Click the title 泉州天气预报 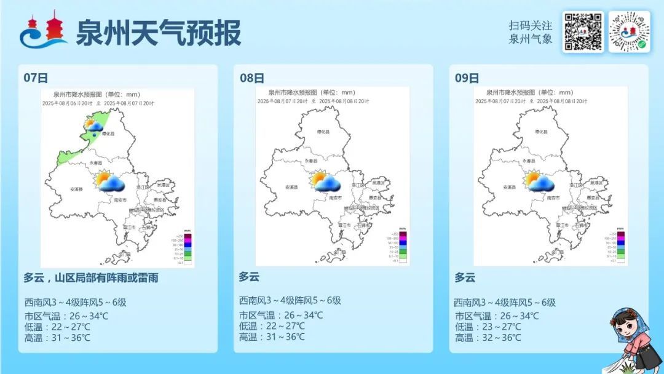click(158, 33)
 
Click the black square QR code click(582, 32)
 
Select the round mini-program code click(629, 32)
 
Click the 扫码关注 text click(531, 26)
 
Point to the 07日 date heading click(36, 78)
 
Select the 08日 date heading click(252, 78)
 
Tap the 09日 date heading click(467, 78)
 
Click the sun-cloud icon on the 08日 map click(326, 181)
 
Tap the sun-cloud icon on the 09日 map click(540, 181)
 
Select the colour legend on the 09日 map click(620, 247)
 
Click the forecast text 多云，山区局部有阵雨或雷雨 click(91, 278)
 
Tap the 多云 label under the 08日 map click(249, 277)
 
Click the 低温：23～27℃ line click(488, 327)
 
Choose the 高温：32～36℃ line click(488, 338)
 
